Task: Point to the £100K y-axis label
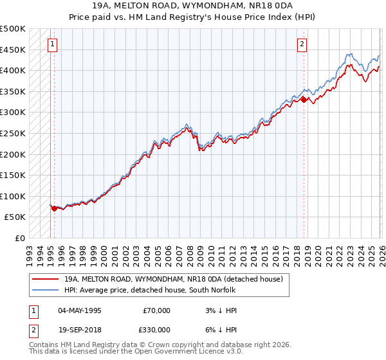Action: tap(13, 196)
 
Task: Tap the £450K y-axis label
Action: tap(13, 50)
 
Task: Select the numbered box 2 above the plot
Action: tap(301, 44)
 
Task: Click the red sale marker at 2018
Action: tap(304, 100)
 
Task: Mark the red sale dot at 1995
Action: tap(54, 208)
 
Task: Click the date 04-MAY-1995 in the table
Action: tap(80, 310)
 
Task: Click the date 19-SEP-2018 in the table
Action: tap(80, 329)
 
